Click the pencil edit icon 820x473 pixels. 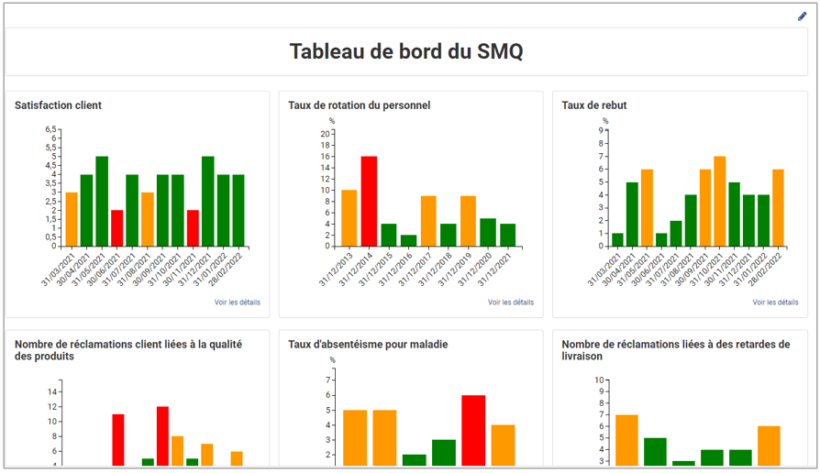803,16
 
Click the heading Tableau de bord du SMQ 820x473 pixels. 406,51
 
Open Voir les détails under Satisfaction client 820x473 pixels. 238,302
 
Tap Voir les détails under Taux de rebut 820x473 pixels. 776,302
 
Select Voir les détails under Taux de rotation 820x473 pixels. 511,302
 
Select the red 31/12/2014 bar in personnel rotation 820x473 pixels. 369,202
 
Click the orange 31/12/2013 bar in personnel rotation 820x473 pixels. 349,218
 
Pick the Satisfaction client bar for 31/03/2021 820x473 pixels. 72,219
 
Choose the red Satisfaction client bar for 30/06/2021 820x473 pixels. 117,228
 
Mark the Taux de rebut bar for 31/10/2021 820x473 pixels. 720,202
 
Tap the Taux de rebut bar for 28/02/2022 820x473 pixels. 778,208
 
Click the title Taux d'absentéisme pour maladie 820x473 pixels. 368,345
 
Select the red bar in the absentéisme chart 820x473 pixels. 473,431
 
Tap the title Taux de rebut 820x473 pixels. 594,105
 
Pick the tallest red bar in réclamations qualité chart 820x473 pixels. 162,436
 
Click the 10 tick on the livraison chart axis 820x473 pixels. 599,379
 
